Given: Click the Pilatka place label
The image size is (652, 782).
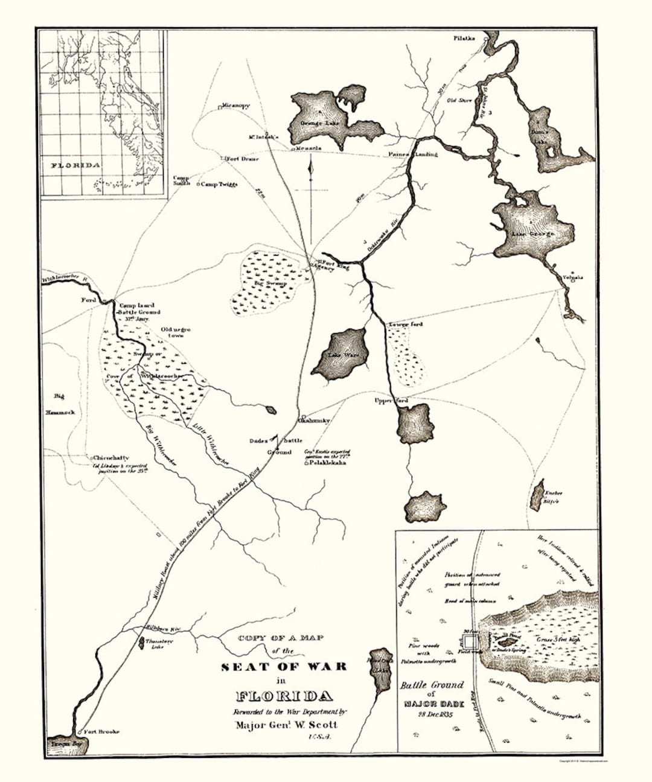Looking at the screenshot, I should point(464,38).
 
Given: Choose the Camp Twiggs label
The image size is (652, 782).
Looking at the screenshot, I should point(219,184).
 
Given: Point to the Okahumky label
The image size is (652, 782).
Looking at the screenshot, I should point(313,421).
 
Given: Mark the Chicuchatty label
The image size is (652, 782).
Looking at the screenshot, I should point(110,458).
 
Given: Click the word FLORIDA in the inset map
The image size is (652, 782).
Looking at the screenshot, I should point(75,165).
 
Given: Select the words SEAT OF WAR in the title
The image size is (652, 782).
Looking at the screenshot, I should point(284,667).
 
